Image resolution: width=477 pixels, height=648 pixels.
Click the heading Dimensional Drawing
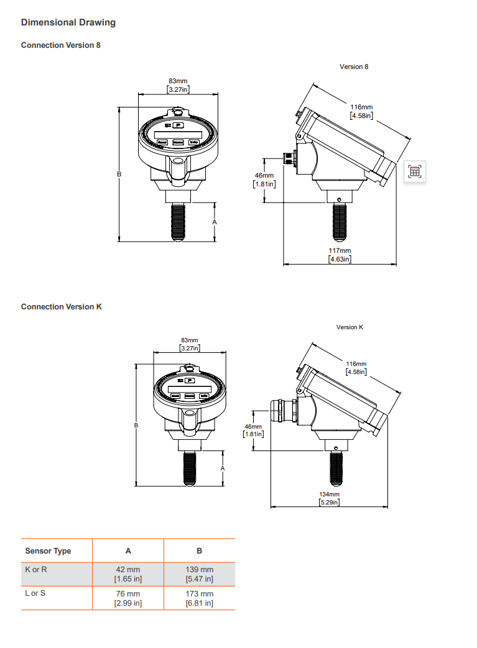tap(68, 22)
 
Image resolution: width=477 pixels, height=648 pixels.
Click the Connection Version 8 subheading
tap(60, 45)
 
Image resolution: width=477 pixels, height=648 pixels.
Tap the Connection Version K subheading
tap(61, 307)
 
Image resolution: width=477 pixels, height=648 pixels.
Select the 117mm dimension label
tap(340, 251)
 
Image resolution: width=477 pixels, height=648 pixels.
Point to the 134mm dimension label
tap(329, 494)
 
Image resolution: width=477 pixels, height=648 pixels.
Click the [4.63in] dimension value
tap(340, 259)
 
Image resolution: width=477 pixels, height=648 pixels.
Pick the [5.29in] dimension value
tap(329, 502)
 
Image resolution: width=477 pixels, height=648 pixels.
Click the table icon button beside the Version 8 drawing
tap(415, 171)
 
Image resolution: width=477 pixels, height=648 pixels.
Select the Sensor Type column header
tap(48, 551)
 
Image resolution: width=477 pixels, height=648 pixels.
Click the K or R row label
tap(36, 570)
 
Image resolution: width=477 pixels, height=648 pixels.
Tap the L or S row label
tap(35, 593)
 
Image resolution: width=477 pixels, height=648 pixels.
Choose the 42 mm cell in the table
tap(128, 570)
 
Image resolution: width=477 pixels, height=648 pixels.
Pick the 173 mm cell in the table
tap(200, 594)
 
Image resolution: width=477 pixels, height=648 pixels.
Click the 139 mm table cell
tap(200, 570)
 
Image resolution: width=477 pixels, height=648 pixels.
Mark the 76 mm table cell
tap(128, 594)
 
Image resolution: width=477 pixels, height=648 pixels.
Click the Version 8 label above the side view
tap(354, 66)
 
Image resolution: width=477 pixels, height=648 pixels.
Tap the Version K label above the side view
tap(350, 327)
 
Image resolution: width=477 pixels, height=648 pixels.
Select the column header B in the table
tap(200, 551)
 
